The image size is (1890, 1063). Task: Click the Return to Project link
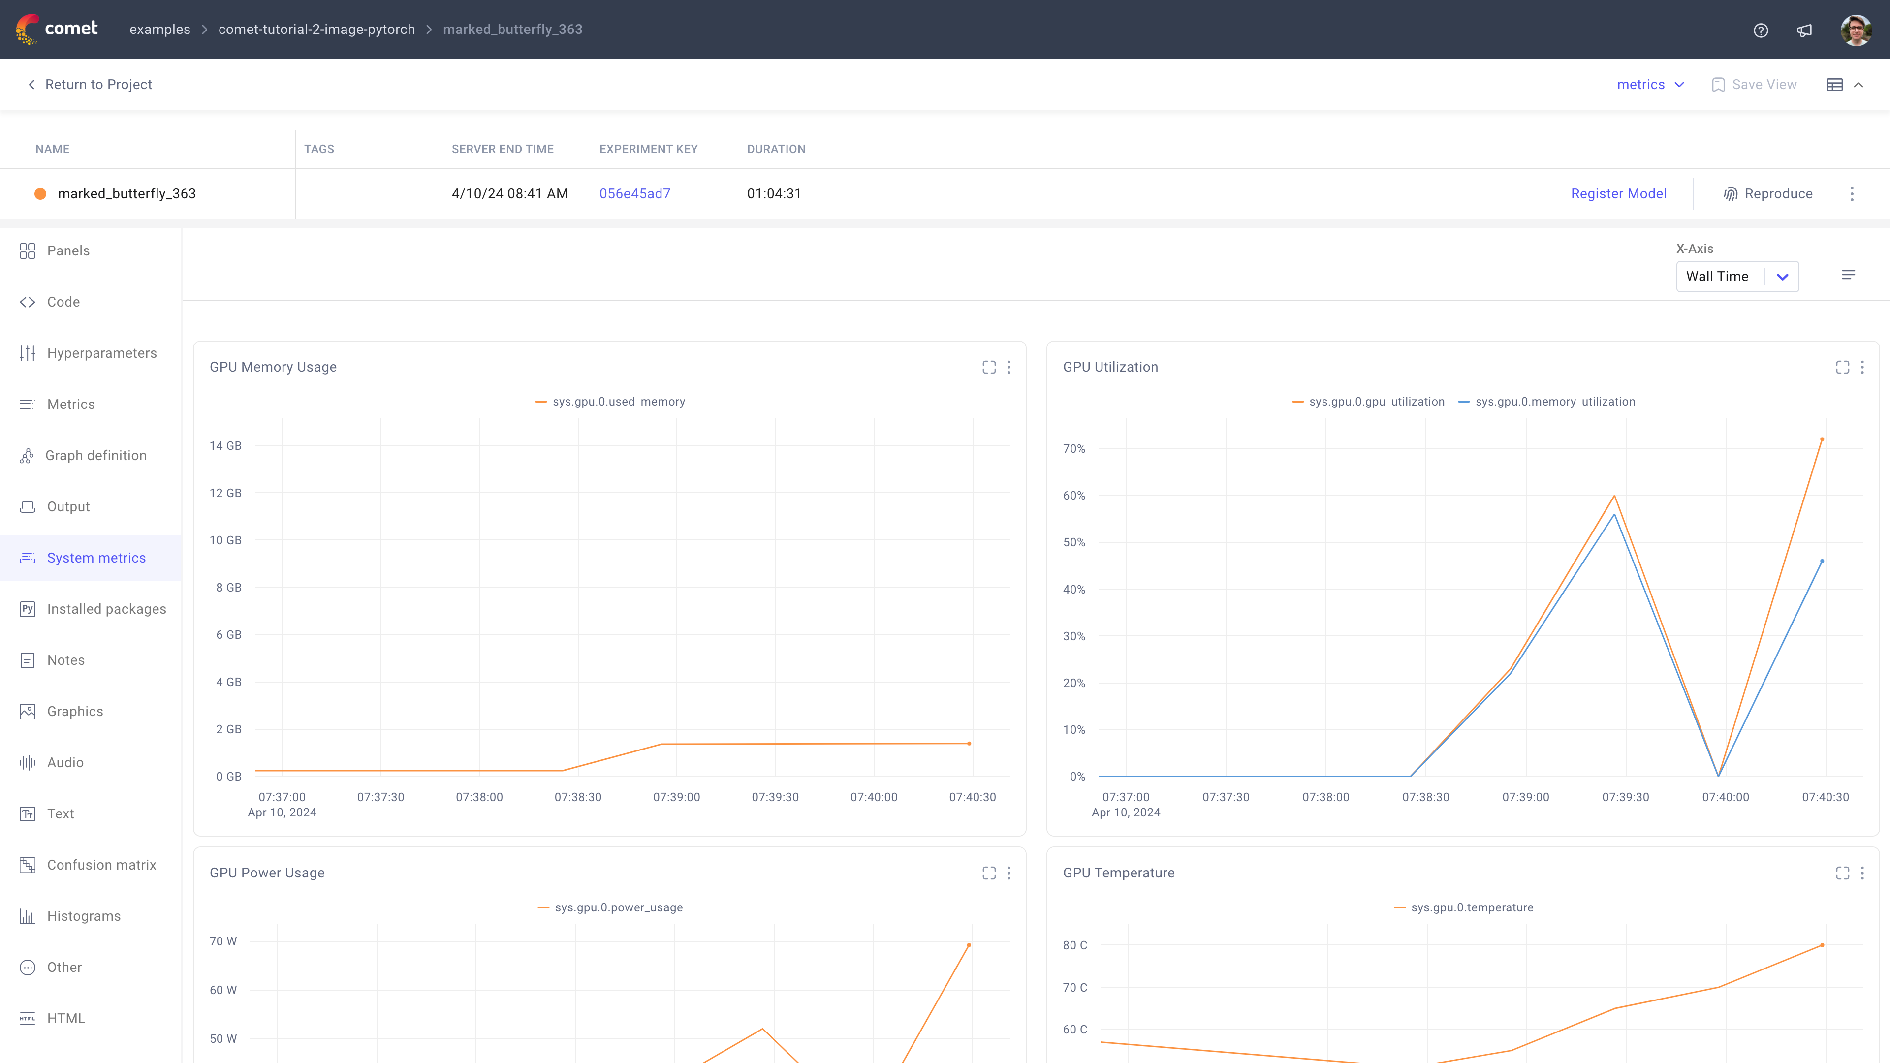[x=97, y=84]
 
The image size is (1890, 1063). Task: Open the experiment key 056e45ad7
[x=634, y=194]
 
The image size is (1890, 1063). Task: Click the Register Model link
[x=1618, y=194]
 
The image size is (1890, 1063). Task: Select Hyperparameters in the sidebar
[x=101, y=353]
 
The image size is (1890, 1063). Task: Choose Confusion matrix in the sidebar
[x=101, y=865]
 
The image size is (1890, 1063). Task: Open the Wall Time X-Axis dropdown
[x=1736, y=277]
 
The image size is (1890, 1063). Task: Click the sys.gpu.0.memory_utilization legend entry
[x=1554, y=401]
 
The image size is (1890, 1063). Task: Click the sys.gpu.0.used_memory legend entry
[x=618, y=401]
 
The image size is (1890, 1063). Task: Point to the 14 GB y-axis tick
[x=225, y=445]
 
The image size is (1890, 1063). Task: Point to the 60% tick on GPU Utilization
[x=1073, y=495]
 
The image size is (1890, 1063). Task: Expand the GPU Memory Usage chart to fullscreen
[x=989, y=367]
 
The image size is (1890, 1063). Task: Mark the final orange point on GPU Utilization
[x=1822, y=439]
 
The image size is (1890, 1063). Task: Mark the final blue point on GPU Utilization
[x=1822, y=561]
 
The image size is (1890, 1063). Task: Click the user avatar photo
[x=1856, y=30]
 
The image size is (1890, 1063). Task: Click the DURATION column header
[x=776, y=149]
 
